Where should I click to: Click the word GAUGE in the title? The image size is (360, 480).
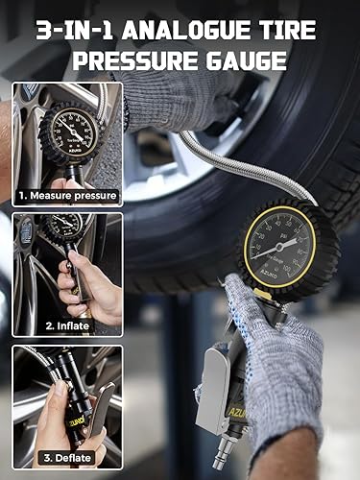pos(251,62)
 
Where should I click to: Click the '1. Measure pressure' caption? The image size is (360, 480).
pos(68,196)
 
